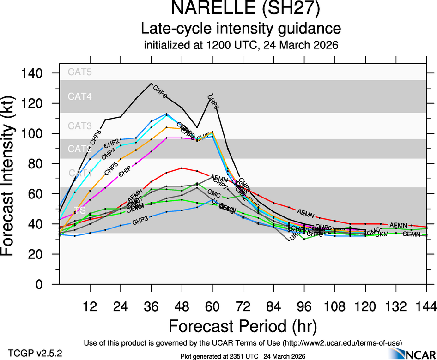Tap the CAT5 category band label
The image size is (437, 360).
point(80,72)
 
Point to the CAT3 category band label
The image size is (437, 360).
point(80,126)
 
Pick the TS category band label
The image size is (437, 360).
point(80,210)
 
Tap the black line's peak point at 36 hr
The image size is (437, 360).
point(152,84)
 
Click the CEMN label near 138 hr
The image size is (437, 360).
point(411,234)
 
